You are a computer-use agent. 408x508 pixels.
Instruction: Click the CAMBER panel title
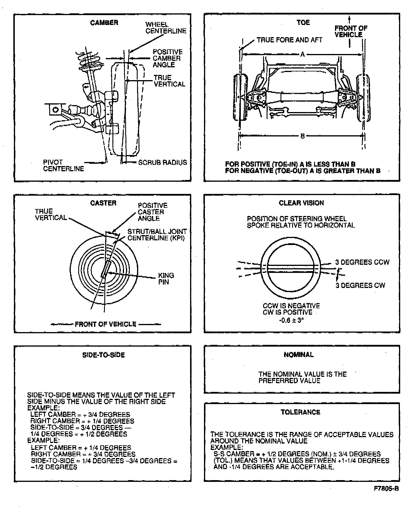coord(104,23)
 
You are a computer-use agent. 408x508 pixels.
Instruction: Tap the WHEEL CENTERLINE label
coord(165,28)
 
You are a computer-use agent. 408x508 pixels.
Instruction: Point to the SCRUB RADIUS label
coord(163,163)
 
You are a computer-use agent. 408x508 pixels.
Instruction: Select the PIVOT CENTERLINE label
coord(63,165)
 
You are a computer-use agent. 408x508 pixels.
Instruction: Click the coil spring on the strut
coord(89,60)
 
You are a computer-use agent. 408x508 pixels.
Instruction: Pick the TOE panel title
coord(303,22)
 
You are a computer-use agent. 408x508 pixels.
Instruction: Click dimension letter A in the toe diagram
coord(303,54)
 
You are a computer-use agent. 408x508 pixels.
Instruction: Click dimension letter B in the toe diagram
coord(303,136)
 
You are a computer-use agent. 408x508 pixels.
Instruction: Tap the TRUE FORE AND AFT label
coord(289,40)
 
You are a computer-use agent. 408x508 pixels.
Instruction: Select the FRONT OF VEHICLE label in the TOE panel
coord(351,31)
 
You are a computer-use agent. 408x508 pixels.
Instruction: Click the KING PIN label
coord(166,278)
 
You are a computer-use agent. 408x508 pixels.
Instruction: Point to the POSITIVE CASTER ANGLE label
coord(152,212)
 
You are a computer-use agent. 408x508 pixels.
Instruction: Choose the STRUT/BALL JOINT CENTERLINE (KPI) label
coord(157,235)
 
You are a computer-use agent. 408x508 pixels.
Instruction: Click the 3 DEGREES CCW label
coord(362,262)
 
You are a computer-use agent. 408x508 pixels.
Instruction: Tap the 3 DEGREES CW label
coord(360,285)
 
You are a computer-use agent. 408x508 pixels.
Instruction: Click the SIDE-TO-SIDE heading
coord(103,355)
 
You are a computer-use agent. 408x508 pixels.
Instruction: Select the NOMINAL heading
coord(298,355)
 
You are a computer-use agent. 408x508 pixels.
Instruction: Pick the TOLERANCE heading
coord(300,412)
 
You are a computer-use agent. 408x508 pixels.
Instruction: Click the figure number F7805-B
coord(386,489)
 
